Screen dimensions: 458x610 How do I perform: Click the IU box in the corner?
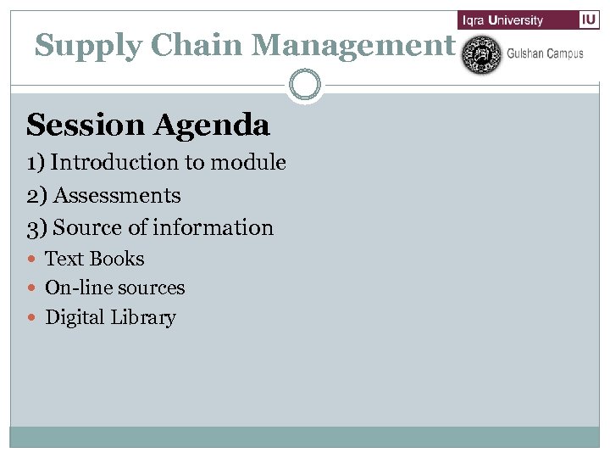[x=589, y=20]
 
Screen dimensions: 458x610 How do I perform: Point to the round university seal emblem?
[x=481, y=54]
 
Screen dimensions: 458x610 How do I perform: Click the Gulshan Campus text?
[x=545, y=53]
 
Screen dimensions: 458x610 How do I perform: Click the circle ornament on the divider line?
[x=305, y=86]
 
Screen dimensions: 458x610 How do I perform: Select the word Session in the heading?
[x=86, y=126]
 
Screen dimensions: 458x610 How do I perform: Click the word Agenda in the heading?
[x=211, y=126]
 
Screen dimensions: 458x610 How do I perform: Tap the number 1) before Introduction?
[x=36, y=163]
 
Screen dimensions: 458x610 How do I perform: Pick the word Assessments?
[x=117, y=196]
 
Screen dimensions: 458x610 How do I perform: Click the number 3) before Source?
[x=37, y=228]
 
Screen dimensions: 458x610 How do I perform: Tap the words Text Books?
[x=94, y=259]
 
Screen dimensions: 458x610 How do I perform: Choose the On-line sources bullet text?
[x=114, y=288]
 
